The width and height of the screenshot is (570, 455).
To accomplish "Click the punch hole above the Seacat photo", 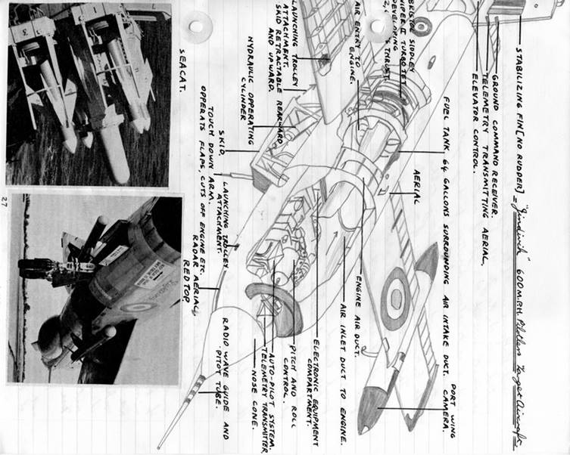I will [197, 26].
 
